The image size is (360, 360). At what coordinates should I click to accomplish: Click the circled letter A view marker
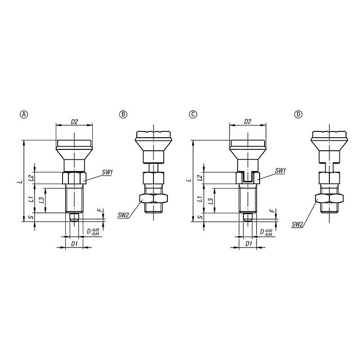(24, 114)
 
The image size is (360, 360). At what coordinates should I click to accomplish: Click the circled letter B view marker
(123, 114)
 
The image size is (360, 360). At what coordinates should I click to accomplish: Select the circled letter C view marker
(193, 114)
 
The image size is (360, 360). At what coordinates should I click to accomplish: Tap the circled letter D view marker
(298, 114)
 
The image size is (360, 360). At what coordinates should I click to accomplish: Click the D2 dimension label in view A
(74, 121)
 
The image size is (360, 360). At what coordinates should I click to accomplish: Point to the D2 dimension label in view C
(247, 121)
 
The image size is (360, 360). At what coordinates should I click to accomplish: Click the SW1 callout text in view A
(107, 172)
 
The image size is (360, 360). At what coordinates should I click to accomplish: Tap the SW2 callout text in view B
(123, 215)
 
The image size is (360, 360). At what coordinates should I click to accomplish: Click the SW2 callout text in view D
(297, 224)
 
